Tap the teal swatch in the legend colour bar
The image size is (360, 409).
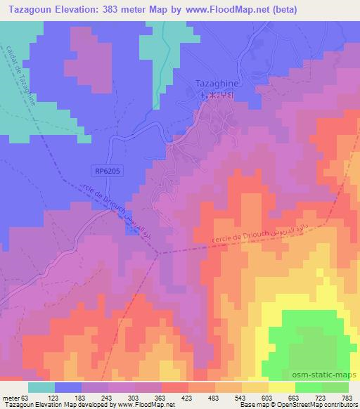(42, 387)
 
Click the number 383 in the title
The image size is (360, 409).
(111, 10)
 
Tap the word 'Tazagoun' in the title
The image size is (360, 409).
(29, 10)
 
